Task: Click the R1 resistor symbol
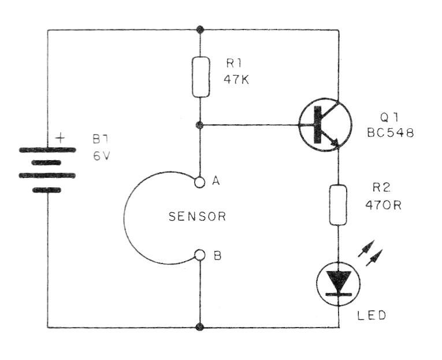tap(200, 77)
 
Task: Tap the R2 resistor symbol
tap(338, 205)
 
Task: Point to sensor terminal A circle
tap(200, 182)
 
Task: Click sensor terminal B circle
tap(200, 255)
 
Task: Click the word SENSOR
tap(196, 217)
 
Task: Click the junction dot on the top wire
tap(200, 29)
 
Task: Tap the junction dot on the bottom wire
tap(200, 327)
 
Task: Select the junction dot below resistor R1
tap(200, 124)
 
